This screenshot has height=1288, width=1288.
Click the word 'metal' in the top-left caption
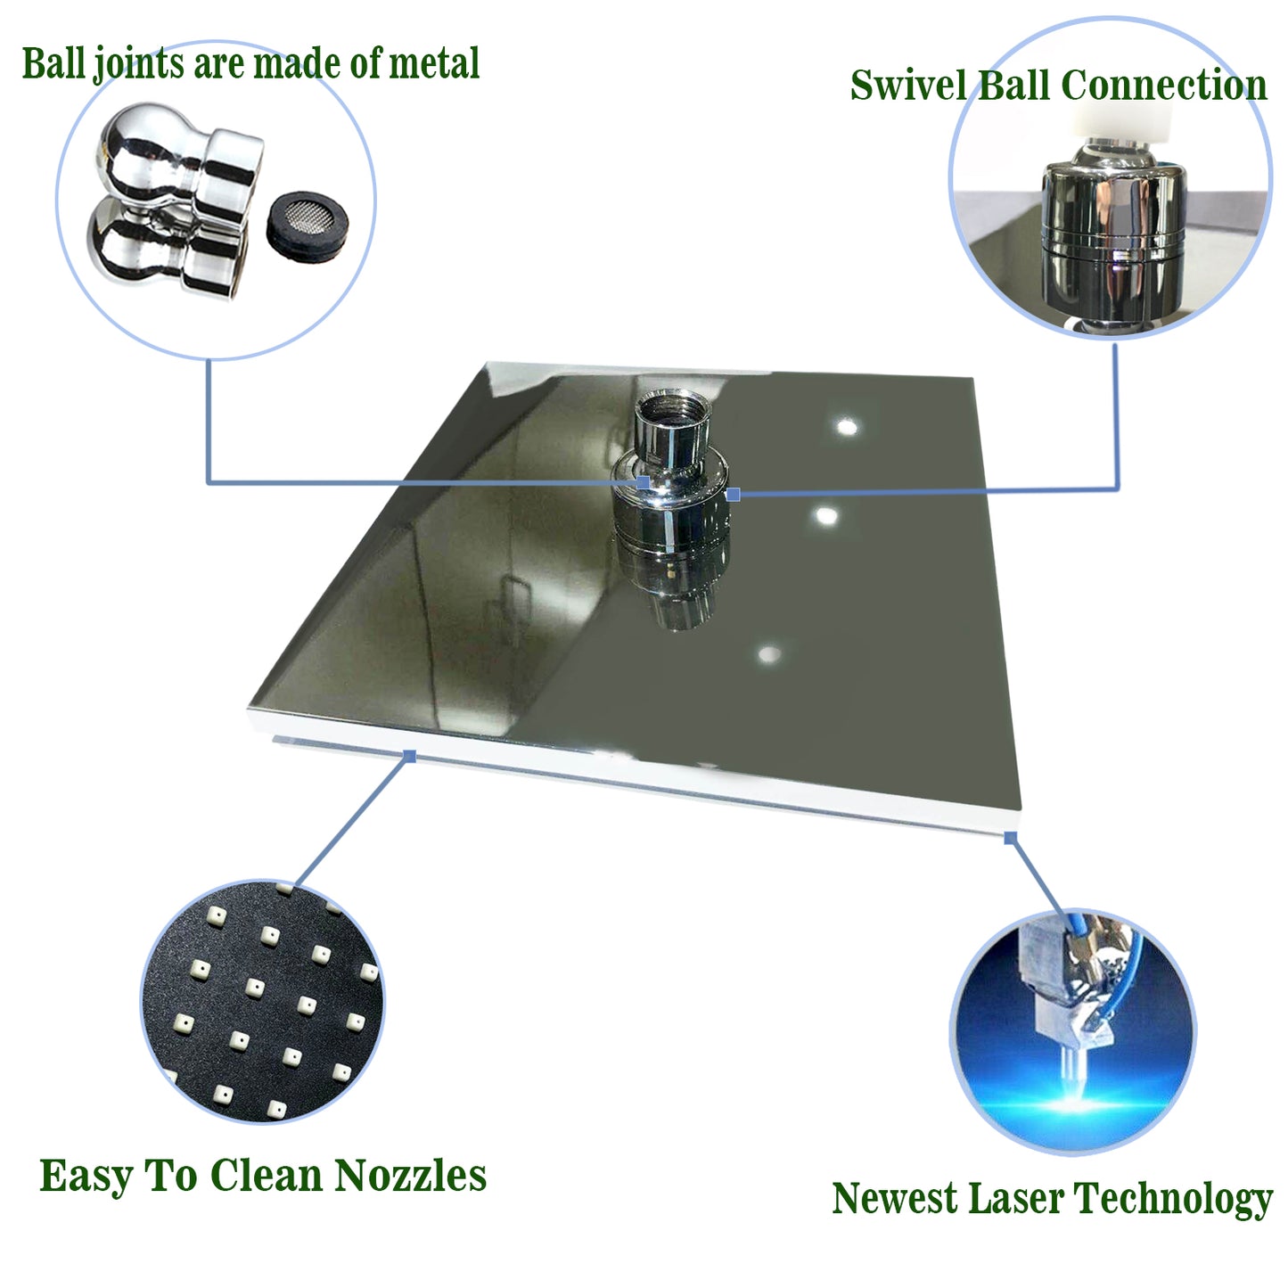pyautogui.click(x=433, y=63)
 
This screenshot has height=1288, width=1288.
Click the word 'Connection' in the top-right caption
pyautogui.click(x=1164, y=86)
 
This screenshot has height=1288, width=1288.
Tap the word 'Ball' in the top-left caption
pyautogui.click(x=53, y=63)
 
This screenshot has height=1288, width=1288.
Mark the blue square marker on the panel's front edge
pyautogui.click(x=410, y=756)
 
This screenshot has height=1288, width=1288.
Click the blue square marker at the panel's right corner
pyautogui.click(x=1010, y=838)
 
